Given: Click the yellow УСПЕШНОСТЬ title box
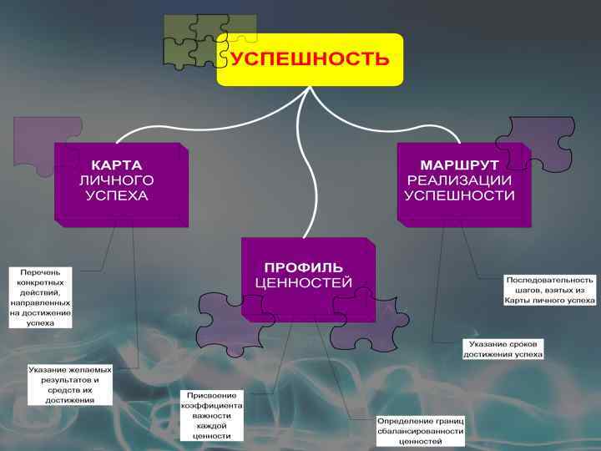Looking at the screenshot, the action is click(310, 59).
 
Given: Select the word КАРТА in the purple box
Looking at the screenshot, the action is click(117, 165).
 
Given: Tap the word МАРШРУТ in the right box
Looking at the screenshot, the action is click(459, 165).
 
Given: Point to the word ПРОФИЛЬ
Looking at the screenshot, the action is click(304, 268).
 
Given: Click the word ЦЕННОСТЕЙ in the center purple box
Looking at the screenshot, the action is click(304, 283).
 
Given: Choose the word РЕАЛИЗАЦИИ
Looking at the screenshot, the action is click(459, 180).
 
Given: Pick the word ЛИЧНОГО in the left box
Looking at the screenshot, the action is click(117, 180).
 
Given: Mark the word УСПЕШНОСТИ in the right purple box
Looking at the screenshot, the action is click(459, 195).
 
